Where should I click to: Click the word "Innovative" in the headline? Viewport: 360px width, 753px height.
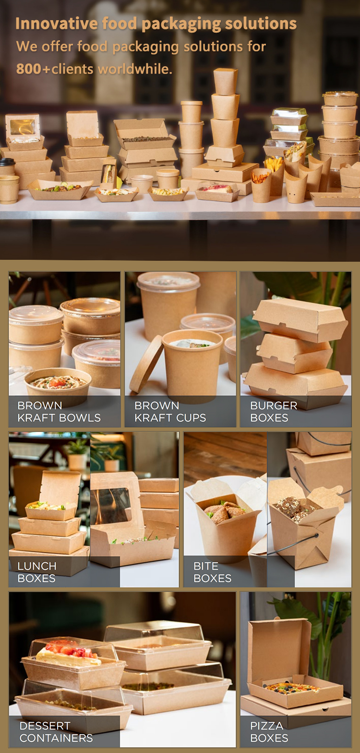(x=57, y=24)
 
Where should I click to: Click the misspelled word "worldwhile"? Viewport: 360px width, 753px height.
(x=135, y=69)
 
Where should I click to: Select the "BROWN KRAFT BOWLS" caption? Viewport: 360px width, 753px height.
(x=59, y=412)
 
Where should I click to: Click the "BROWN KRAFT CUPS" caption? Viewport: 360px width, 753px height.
(x=170, y=412)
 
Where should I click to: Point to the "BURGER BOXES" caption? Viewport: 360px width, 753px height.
(x=274, y=412)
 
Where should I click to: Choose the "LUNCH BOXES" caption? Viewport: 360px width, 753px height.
(x=36, y=572)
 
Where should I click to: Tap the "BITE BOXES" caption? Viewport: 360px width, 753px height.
(x=213, y=572)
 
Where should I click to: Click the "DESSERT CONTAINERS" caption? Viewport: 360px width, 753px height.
(x=56, y=732)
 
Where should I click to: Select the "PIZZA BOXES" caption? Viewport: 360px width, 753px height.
(x=269, y=732)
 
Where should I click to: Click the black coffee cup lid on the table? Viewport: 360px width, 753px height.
(x=7, y=162)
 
